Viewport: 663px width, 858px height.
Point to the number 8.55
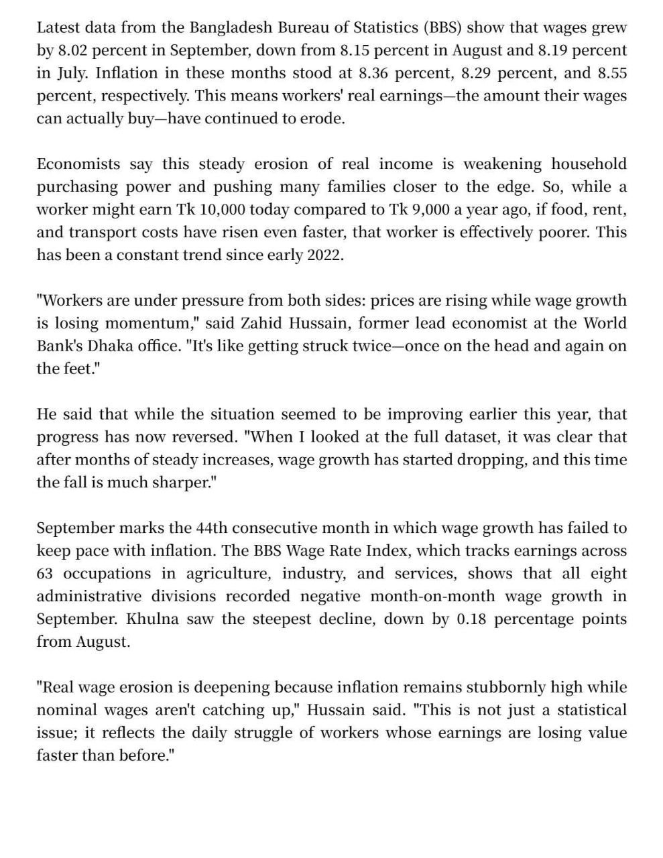[612, 73]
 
